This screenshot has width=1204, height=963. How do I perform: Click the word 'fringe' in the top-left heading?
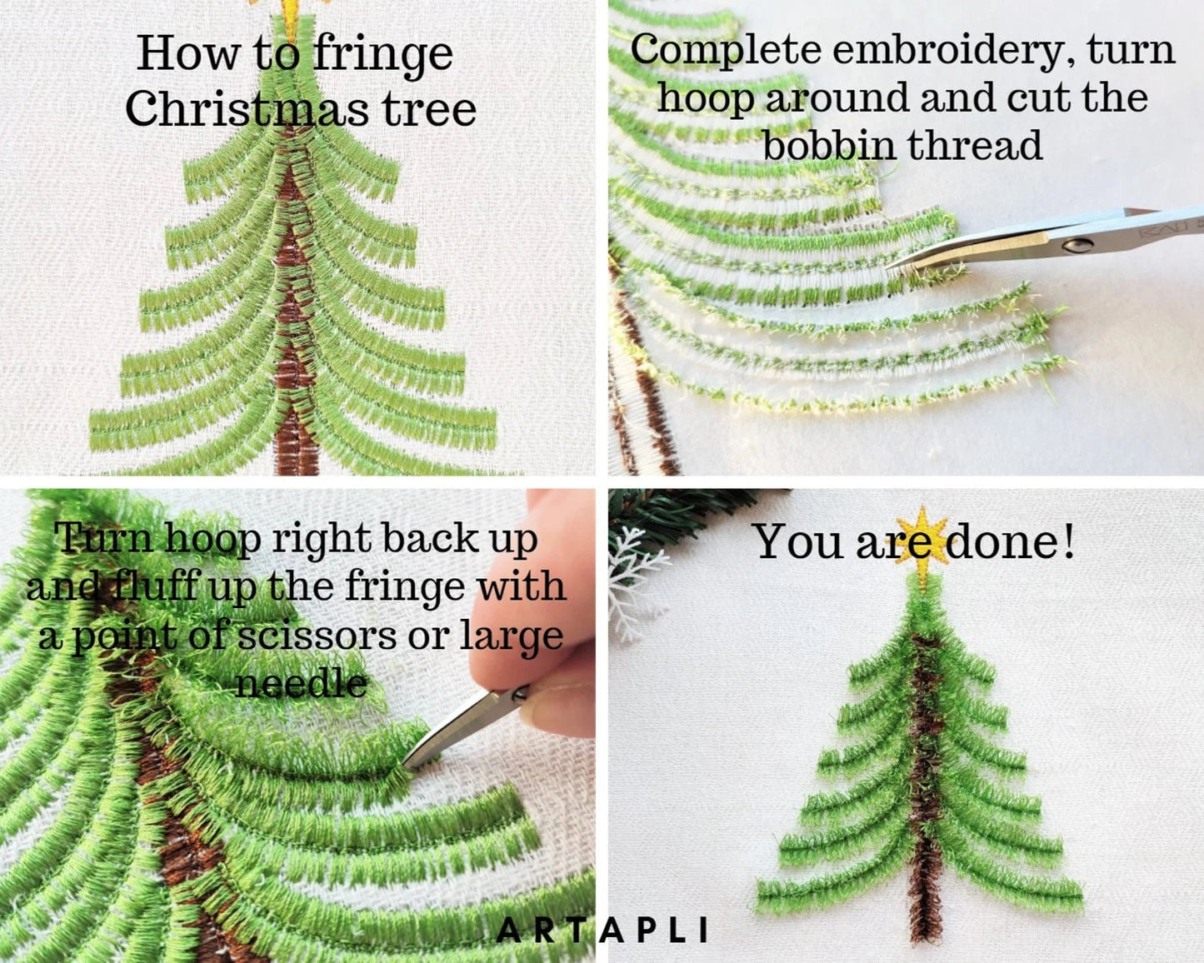pos(383,55)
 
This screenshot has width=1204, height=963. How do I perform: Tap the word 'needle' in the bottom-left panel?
pos(300,684)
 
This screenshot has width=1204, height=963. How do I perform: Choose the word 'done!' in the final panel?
pos(1011,541)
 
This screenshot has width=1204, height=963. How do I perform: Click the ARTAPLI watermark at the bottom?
pos(602,930)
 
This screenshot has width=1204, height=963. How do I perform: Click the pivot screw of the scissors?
pos(1080,244)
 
